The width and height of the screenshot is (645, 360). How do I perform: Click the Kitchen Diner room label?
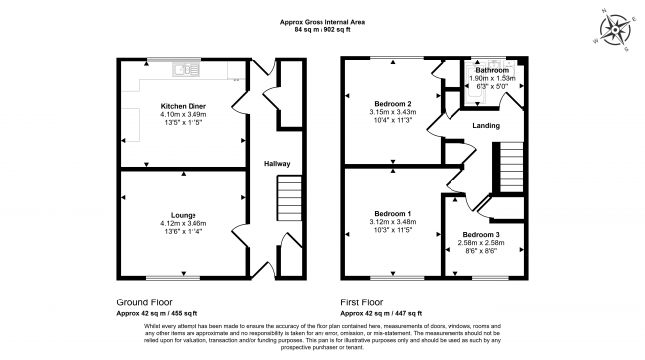tap(183, 104)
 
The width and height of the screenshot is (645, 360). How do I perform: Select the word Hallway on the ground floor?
tap(276, 164)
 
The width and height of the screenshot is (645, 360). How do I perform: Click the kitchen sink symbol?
tap(183, 70)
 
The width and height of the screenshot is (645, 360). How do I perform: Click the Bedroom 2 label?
tap(394, 103)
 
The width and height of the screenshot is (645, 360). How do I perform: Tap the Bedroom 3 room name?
tap(478, 234)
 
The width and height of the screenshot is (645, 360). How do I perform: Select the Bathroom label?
tap(491, 71)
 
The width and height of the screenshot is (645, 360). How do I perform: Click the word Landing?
tap(486, 125)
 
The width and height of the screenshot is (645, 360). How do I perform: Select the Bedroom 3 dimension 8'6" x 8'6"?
tap(478, 250)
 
